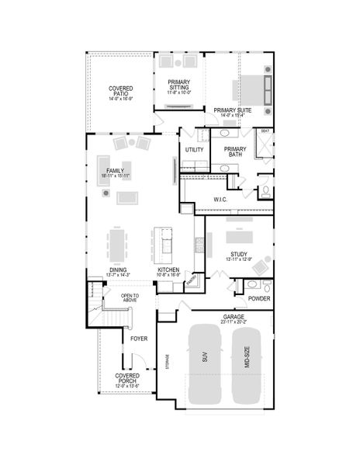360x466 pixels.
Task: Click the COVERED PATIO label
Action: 120,91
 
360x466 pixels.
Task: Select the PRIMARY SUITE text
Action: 233,110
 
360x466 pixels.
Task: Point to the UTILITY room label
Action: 194,150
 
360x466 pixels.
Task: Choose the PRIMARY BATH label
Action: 234,151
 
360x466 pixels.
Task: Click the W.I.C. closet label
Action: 220,200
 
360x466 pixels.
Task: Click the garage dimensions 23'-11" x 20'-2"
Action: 234,322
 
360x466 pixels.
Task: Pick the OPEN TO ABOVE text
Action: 130,298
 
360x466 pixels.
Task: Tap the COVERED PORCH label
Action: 128,378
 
